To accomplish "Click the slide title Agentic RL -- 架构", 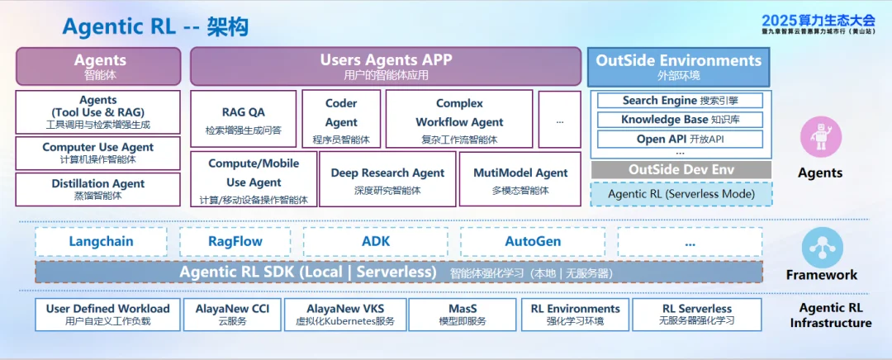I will tap(155, 26).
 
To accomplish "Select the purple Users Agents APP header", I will tap(386, 66).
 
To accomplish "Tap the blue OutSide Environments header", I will tap(679, 67).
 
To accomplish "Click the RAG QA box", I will tap(244, 120).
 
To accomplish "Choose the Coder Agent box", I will tap(341, 120).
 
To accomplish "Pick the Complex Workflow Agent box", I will tap(459, 120).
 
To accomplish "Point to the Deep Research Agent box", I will tap(387, 179).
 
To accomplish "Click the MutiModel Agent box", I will tap(520, 179).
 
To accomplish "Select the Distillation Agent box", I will tap(97, 189).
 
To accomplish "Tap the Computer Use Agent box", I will tap(97, 153).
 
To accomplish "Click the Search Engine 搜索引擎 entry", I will tap(681, 101).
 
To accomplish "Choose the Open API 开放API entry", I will tap(681, 139).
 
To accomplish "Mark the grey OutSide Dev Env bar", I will tap(681, 169).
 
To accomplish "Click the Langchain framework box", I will tap(101, 242).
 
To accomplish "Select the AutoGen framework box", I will tap(533, 242).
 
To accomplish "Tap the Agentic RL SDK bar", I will tap(398, 272).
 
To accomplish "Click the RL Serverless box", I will tap(697, 314).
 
